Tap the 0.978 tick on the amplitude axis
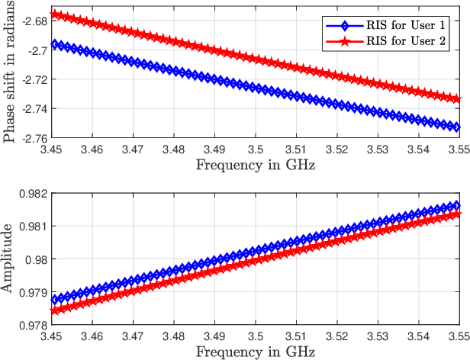pos(33,325)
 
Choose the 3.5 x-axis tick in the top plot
pos(255,149)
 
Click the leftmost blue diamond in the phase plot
pos(53,45)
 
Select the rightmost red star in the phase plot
pos(457,99)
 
